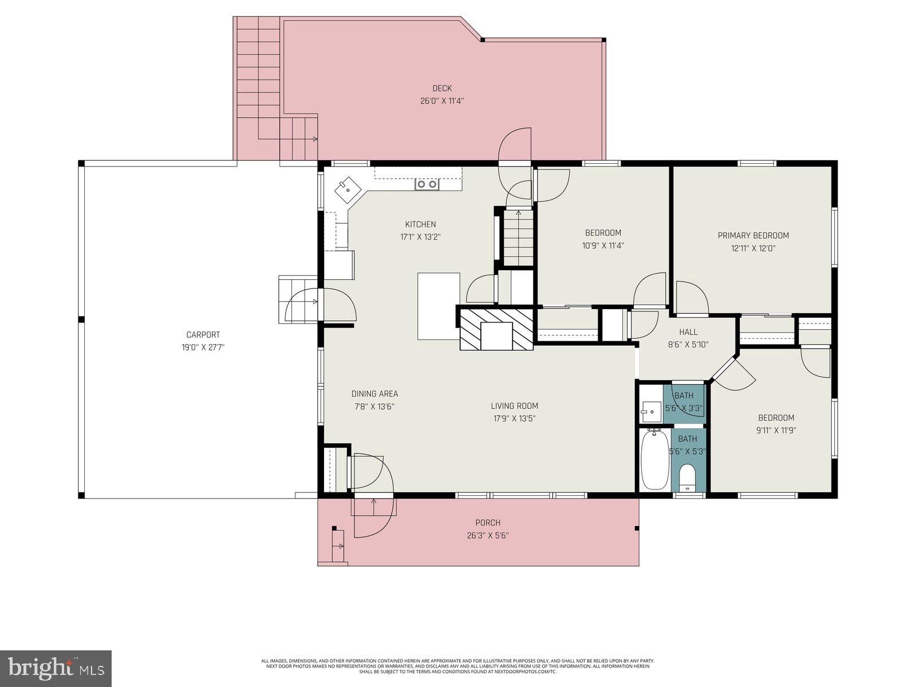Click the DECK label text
[441, 88]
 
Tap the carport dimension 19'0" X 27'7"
[203, 348]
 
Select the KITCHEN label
[420, 224]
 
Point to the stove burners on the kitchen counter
[427, 184]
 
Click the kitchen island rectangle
[438, 306]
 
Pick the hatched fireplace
[496, 329]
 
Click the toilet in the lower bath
[686, 477]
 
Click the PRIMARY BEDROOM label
[753, 235]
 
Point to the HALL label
[688, 332]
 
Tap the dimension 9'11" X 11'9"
[776, 431]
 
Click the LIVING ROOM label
[514, 406]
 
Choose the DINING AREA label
[374, 394]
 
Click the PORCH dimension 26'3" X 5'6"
[487, 536]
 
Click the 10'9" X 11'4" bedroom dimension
[603, 246]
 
